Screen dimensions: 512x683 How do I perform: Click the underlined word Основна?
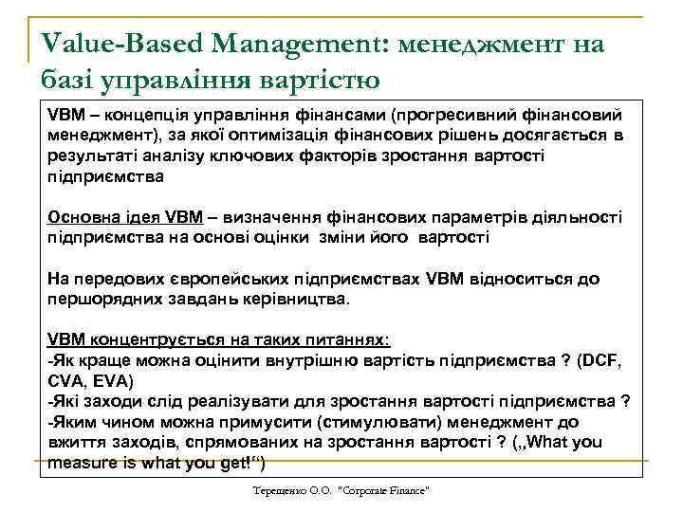click(83, 217)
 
